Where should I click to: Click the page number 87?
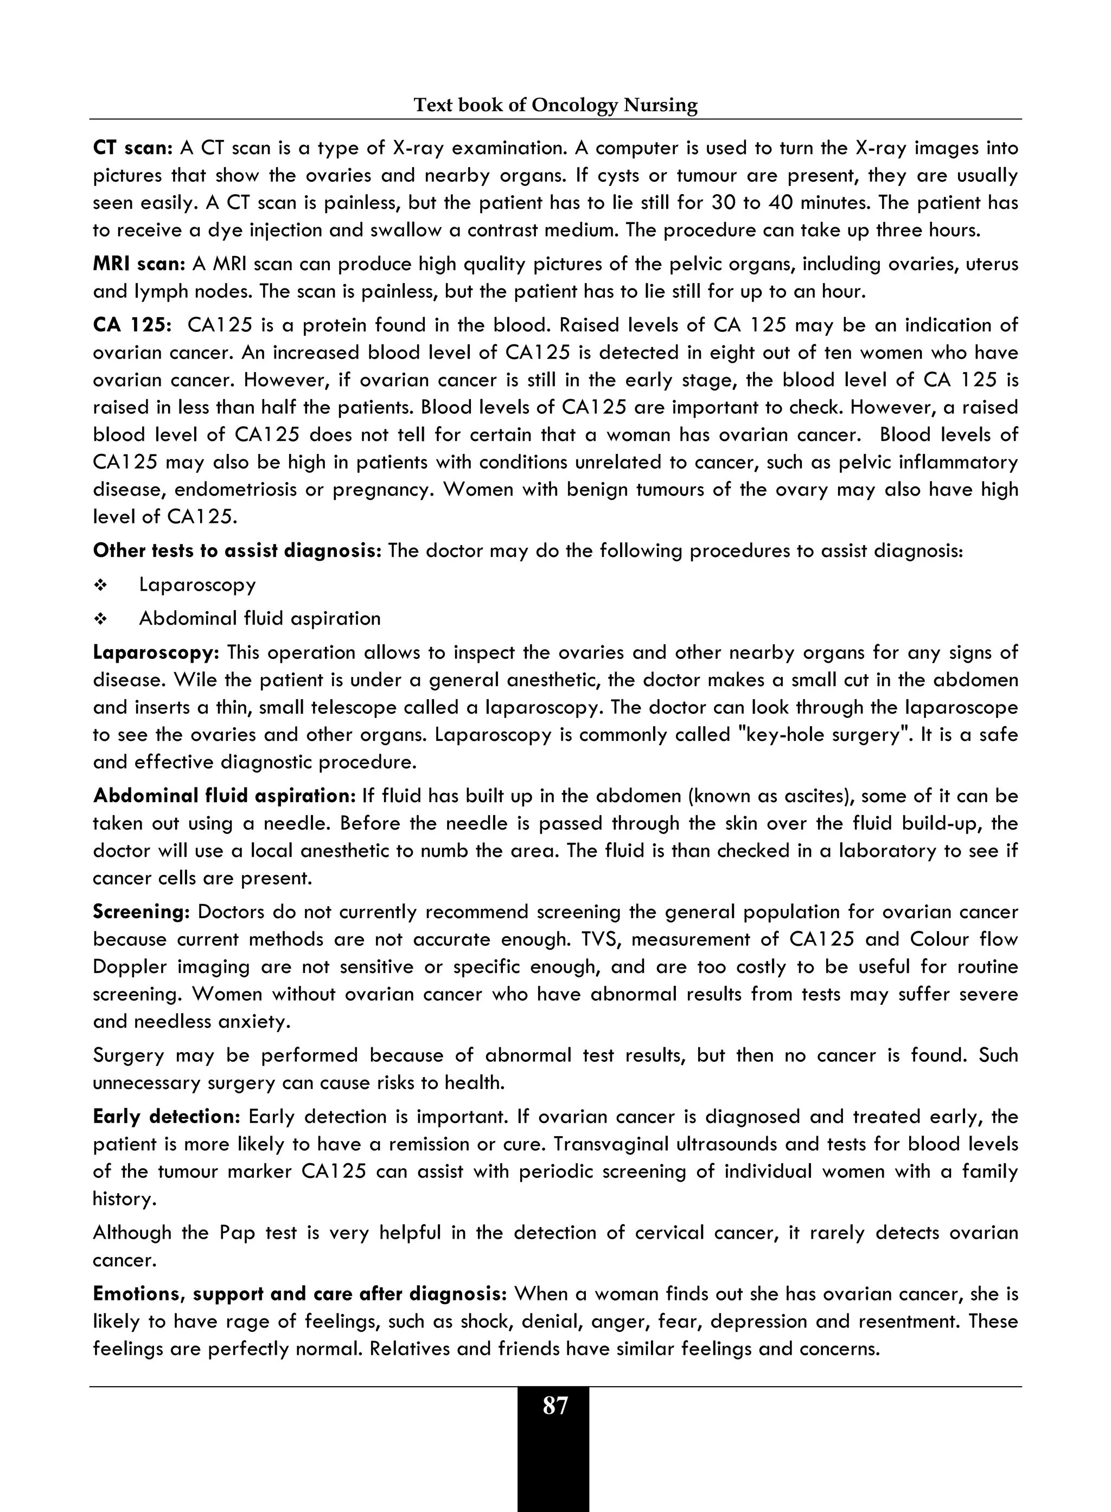click(x=555, y=1406)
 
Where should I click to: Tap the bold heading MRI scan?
click(x=138, y=264)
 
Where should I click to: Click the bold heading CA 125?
click(x=132, y=325)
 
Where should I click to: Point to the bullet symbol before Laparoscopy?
click(x=100, y=585)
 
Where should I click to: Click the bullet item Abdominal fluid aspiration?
click(x=260, y=618)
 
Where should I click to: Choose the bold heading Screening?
click(x=141, y=912)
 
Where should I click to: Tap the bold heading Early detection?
click(x=166, y=1117)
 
